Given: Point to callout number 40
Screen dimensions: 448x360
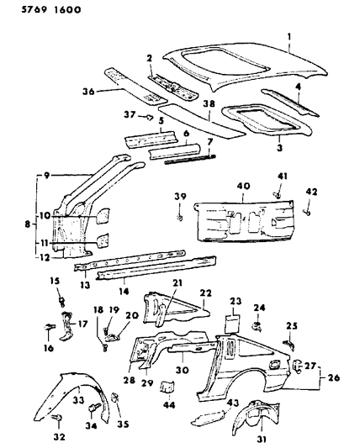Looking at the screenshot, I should (x=241, y=187).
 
